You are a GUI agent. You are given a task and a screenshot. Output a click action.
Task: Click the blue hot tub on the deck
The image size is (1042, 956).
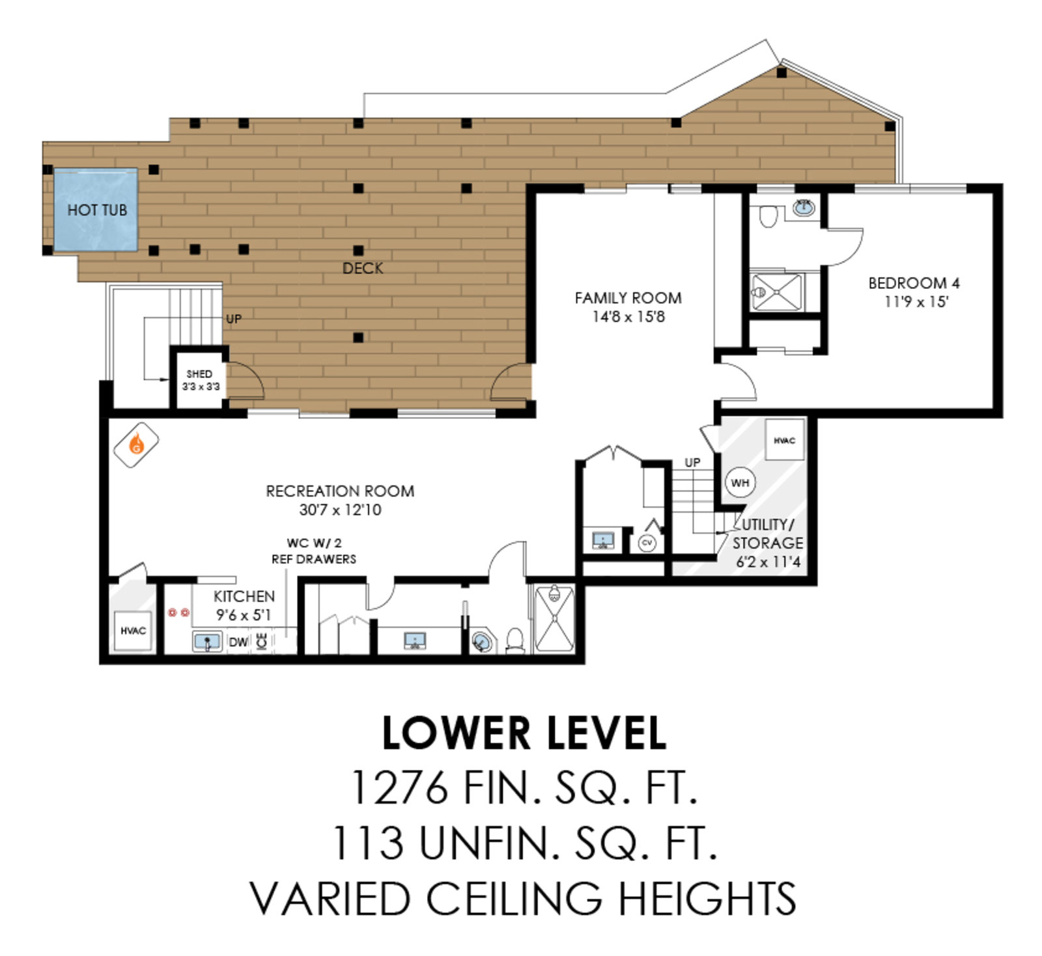[96, 210]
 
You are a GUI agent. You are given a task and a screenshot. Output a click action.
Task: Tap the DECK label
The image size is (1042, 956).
[363, 268]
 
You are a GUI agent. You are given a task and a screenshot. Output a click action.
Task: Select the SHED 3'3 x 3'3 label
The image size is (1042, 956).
[200, 380]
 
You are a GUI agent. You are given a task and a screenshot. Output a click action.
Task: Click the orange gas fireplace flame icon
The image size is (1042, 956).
[137, 445]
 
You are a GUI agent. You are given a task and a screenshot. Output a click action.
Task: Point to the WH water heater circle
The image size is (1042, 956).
[740, 483]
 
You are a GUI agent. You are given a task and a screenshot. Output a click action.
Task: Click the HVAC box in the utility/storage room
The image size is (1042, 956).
[784, 441]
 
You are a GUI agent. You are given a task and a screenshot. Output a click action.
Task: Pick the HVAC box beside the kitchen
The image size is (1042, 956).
[134, 631]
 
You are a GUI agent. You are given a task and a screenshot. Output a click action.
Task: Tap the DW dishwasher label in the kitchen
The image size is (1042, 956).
[238, 642]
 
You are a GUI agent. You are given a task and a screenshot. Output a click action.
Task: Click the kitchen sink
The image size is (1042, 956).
[208, 642]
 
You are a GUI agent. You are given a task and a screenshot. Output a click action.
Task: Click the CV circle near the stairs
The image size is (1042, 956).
[647, 542]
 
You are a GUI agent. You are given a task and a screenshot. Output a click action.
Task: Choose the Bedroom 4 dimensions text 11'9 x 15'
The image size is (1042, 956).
[916, 302]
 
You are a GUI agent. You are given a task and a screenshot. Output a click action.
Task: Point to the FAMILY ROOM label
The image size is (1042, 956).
[628, 298]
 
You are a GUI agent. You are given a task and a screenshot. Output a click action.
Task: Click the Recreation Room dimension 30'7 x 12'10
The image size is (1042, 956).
[340, 510]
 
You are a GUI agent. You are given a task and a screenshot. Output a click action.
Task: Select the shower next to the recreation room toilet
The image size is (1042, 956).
[554, 619]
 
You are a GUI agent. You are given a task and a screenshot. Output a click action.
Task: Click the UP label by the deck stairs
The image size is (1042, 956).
[233, 319]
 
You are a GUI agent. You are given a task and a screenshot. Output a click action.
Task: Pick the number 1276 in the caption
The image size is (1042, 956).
[400, 787]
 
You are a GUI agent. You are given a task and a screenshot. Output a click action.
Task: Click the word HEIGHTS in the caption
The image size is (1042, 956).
[707, 899]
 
